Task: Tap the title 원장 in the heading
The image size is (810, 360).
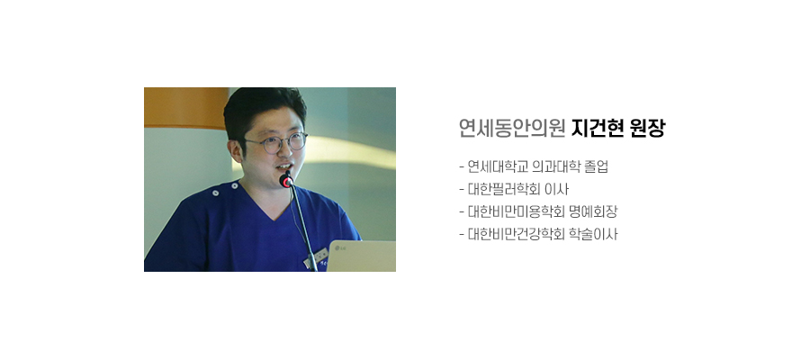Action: [x=648, y=128]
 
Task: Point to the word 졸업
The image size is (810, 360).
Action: [x=598, y=166]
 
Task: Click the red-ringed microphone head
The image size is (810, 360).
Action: [x=285, y=180]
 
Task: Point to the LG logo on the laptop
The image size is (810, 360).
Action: [x=340, y=249]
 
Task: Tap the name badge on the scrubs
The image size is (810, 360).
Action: [x=318, y=256]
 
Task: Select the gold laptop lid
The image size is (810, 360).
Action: [x=361, y=256]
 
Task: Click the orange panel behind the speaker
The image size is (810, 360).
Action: [x=186, y=108]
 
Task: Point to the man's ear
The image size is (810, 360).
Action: [x=236, y=151]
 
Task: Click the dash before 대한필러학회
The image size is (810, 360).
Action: [x=462, y=190]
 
